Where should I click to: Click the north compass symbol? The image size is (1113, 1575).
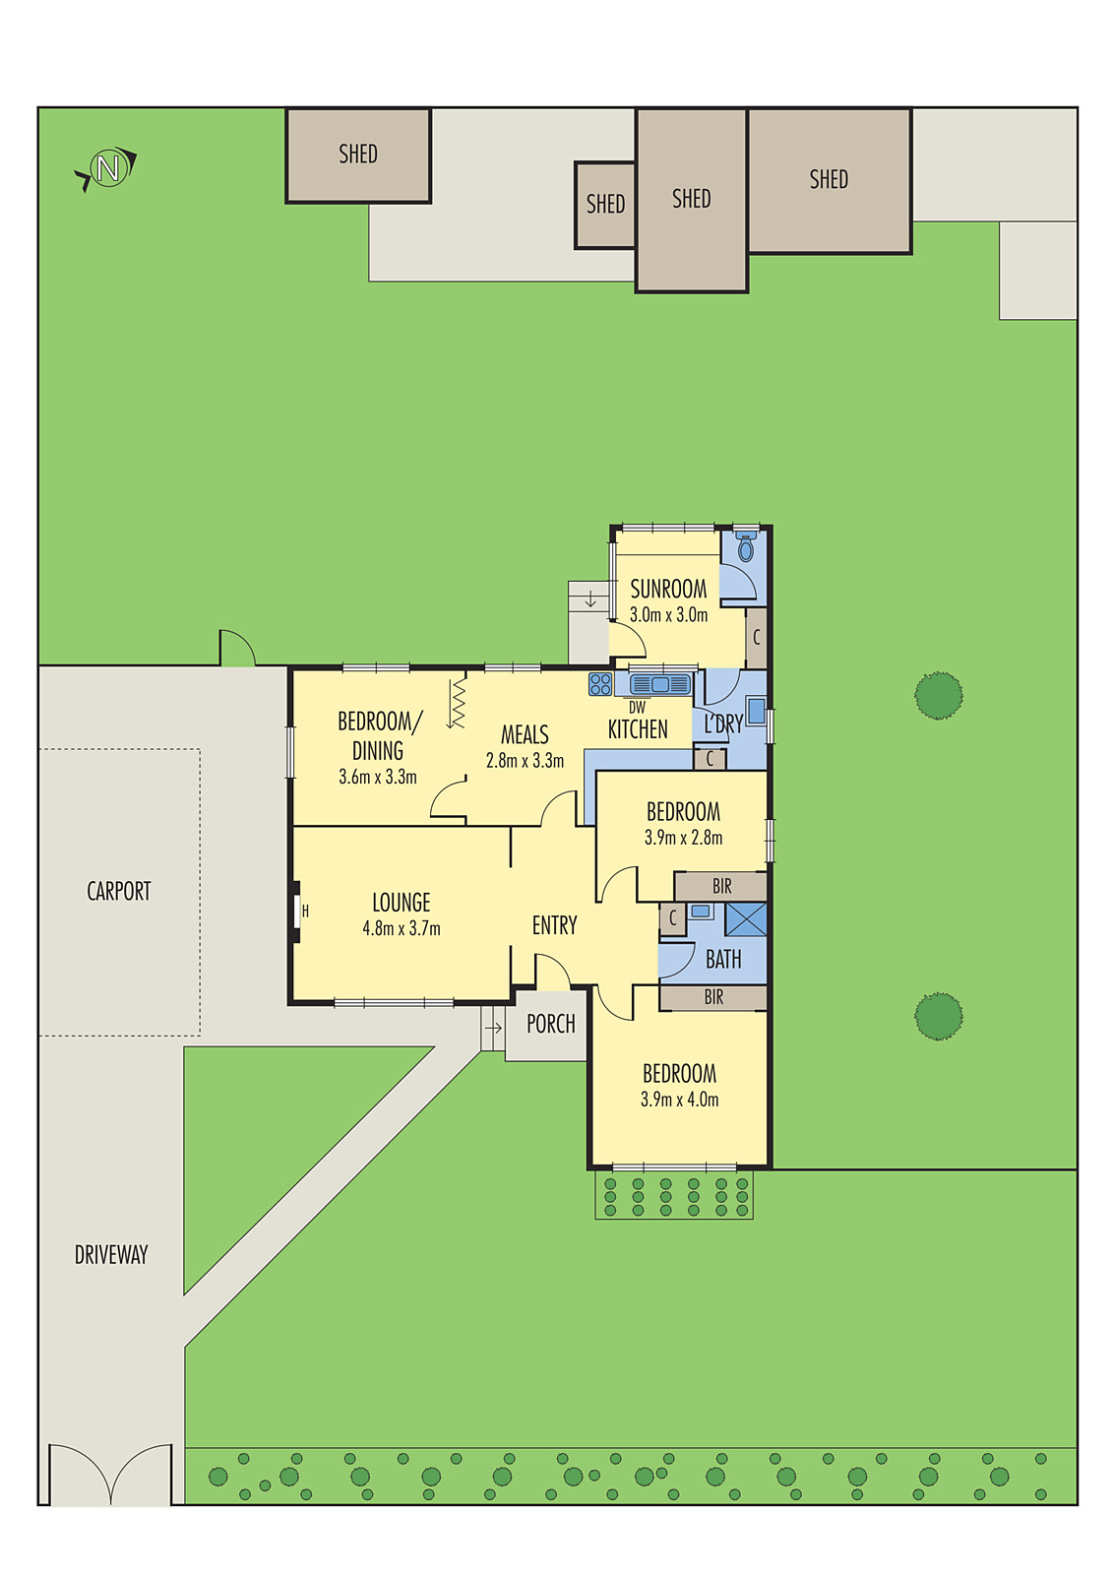click(107, 168)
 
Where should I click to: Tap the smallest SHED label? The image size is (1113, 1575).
click(605, 204)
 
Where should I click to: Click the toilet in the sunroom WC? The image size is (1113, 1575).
click(746, 546)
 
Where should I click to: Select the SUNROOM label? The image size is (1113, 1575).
click(668, 589)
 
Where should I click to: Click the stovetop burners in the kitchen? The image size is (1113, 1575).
click(600, 684)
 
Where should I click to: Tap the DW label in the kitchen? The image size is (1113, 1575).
click(637, 707)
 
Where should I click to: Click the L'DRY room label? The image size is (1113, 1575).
click(723, 724)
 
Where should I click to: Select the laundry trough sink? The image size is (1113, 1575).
click(756, 711)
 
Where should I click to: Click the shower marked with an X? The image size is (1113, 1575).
click(745, 918)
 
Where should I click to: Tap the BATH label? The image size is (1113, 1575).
click(723, 959)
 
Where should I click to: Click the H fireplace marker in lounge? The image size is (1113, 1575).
click(305, 912)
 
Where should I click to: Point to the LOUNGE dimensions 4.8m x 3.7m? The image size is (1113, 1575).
click(402, 928)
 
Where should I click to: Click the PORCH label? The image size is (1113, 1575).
click(550, 1024)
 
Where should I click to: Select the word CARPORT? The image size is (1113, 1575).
click(119, 891)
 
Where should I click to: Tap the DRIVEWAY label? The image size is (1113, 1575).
click(111, 1254)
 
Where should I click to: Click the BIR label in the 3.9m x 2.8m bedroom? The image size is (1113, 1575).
click(721, 886)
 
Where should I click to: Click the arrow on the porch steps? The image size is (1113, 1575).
click(493, 1028)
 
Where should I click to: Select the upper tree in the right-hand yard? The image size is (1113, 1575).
click(938, 695)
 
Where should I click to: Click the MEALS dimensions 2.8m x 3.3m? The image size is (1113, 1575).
click(525, 761)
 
